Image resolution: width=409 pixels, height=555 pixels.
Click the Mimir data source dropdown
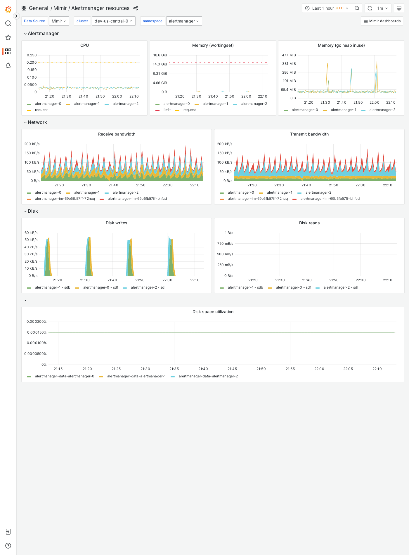click(59, 21)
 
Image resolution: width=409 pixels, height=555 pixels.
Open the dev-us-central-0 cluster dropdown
click(114, 21)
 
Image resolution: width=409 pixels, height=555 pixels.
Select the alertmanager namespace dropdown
click(184, 21)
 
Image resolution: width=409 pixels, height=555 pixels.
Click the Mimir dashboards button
click(382, 21)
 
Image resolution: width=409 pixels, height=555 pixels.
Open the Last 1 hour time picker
click(327, 8)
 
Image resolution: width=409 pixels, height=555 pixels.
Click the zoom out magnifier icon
click(357, 8)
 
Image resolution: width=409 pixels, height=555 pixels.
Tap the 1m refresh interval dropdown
click(382, 8)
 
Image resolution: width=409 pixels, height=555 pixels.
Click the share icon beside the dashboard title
click(136, 8)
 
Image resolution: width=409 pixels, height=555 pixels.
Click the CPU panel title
click(84, 45)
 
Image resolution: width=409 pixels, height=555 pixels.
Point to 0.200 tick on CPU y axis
click(32, 63)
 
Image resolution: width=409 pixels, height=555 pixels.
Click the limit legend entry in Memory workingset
click(167, 110)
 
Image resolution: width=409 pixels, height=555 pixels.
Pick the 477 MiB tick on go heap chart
click(289, 55)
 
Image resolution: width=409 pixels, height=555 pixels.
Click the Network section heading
click(37, 122)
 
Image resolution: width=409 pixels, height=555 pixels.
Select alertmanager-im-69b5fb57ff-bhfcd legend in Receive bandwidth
click(137, 199)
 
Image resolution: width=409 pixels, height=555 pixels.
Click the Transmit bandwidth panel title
click(309, 134)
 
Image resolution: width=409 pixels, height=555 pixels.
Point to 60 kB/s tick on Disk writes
click(31, 233)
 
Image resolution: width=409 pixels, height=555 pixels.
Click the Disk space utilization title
click(213, 312)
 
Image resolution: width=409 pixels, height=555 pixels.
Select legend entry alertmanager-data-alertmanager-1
click(136, 376)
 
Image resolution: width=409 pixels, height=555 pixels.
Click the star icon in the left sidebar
click(8, 37)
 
